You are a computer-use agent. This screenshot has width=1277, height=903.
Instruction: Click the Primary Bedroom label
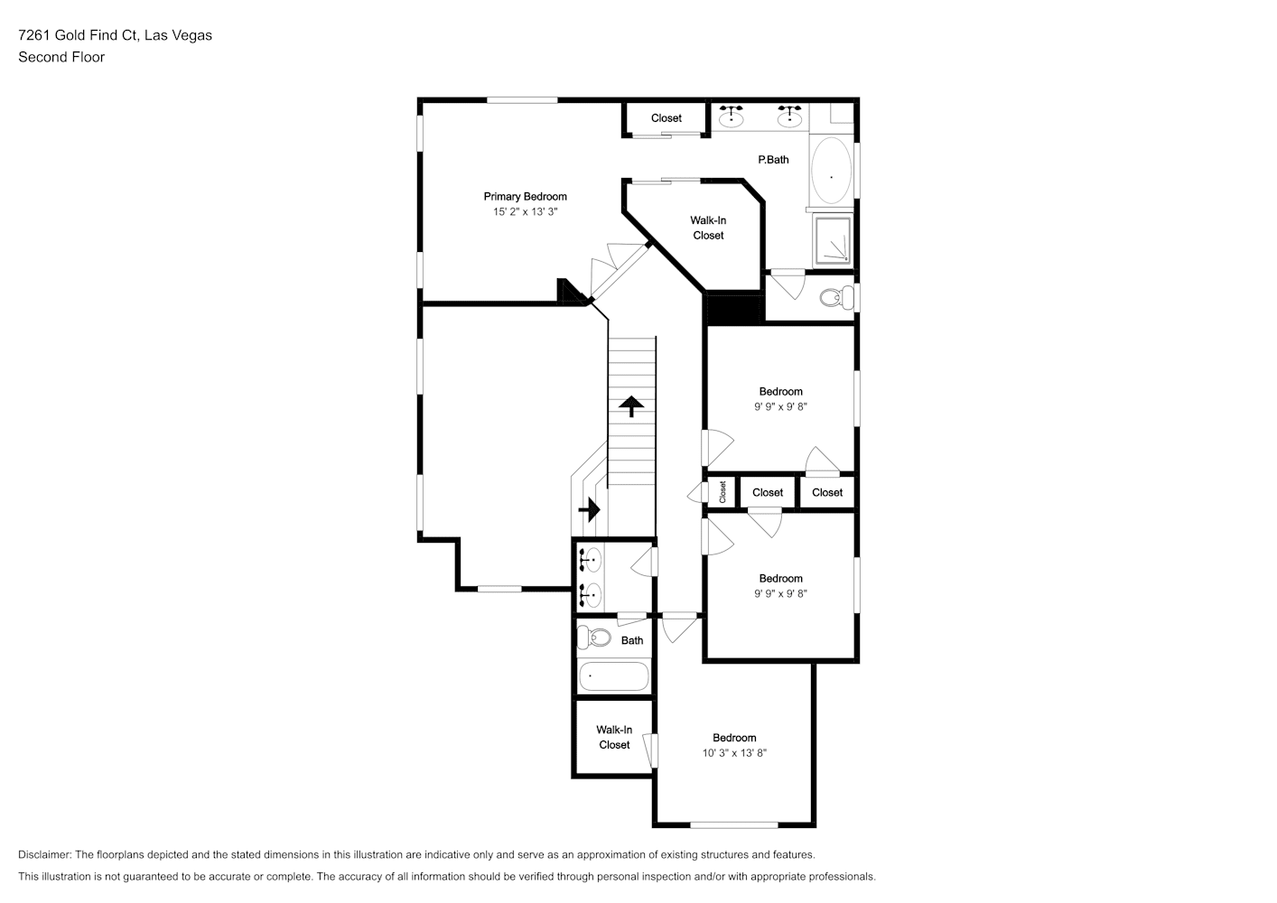coord(525,197)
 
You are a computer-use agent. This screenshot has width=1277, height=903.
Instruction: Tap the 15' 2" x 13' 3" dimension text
coord(525,212)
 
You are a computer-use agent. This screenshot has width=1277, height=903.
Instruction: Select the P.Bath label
coord(773,160)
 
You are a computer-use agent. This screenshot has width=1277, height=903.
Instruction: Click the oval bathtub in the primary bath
coord(831,170)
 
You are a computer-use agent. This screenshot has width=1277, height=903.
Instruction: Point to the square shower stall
coord(834,240)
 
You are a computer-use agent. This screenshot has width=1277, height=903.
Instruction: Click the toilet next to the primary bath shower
coord(836,297)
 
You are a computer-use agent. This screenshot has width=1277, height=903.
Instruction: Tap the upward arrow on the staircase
coord(631,406)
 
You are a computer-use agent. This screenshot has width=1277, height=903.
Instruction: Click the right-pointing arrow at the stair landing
coord(590,509)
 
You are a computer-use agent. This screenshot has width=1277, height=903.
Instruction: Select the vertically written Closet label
coord(722,492)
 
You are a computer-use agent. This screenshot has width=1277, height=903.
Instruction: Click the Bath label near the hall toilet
coord(631,641)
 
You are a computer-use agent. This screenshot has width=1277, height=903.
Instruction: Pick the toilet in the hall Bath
coord(593,637)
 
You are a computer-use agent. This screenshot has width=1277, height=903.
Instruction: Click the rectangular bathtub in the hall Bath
coord(613,676)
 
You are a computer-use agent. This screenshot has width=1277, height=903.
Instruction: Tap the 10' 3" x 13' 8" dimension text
coord(734,753)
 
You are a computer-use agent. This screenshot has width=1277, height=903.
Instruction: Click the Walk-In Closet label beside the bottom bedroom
coord(614,737)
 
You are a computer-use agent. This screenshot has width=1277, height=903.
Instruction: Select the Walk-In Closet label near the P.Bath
coord(708,228)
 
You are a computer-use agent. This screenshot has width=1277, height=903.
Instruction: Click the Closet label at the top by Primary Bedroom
coord(666,118)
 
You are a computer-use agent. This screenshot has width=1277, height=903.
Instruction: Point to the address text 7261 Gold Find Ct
coord(78,35)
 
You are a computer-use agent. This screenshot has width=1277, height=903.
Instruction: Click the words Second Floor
coord(61,57)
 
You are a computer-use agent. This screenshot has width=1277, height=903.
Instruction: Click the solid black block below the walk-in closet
coord(733,309)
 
